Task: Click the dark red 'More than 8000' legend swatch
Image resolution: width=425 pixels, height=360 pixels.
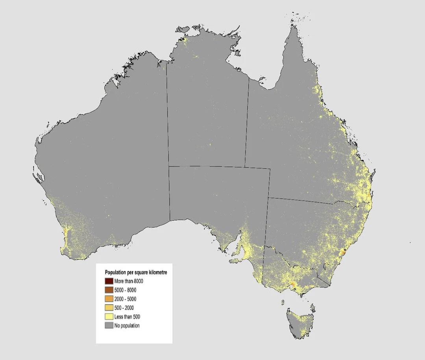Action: [109, 281]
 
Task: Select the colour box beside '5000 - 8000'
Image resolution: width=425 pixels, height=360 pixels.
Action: [109, 290]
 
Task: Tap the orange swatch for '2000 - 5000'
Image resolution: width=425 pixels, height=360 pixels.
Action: [109, 299]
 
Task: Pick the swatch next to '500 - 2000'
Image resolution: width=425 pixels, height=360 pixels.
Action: [109, 308]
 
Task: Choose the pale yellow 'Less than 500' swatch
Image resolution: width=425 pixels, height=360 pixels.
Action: [109, 317]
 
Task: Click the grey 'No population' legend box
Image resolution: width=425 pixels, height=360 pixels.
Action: [109, 326]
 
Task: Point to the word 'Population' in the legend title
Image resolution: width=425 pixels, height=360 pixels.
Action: [115, 272]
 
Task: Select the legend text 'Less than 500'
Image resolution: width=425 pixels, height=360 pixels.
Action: [127, 317]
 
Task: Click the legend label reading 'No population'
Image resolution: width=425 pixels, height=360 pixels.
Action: [127, 326]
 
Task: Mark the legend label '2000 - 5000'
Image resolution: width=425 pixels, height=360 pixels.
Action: [126, 299]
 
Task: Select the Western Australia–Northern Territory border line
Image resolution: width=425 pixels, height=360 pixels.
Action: [168, 118]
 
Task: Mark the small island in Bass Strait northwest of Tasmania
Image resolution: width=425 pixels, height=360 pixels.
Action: [283, 302]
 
